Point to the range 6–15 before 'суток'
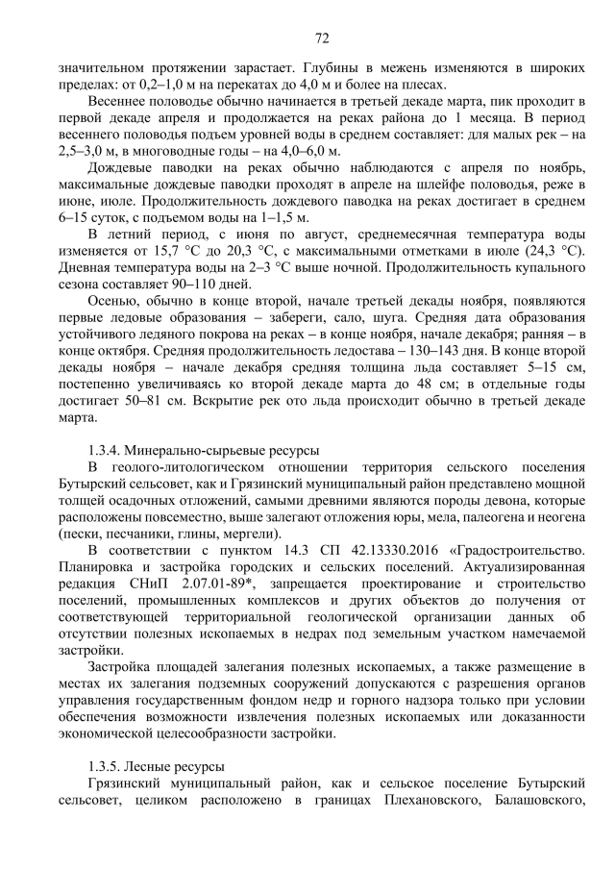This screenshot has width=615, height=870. coord(73,215)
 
